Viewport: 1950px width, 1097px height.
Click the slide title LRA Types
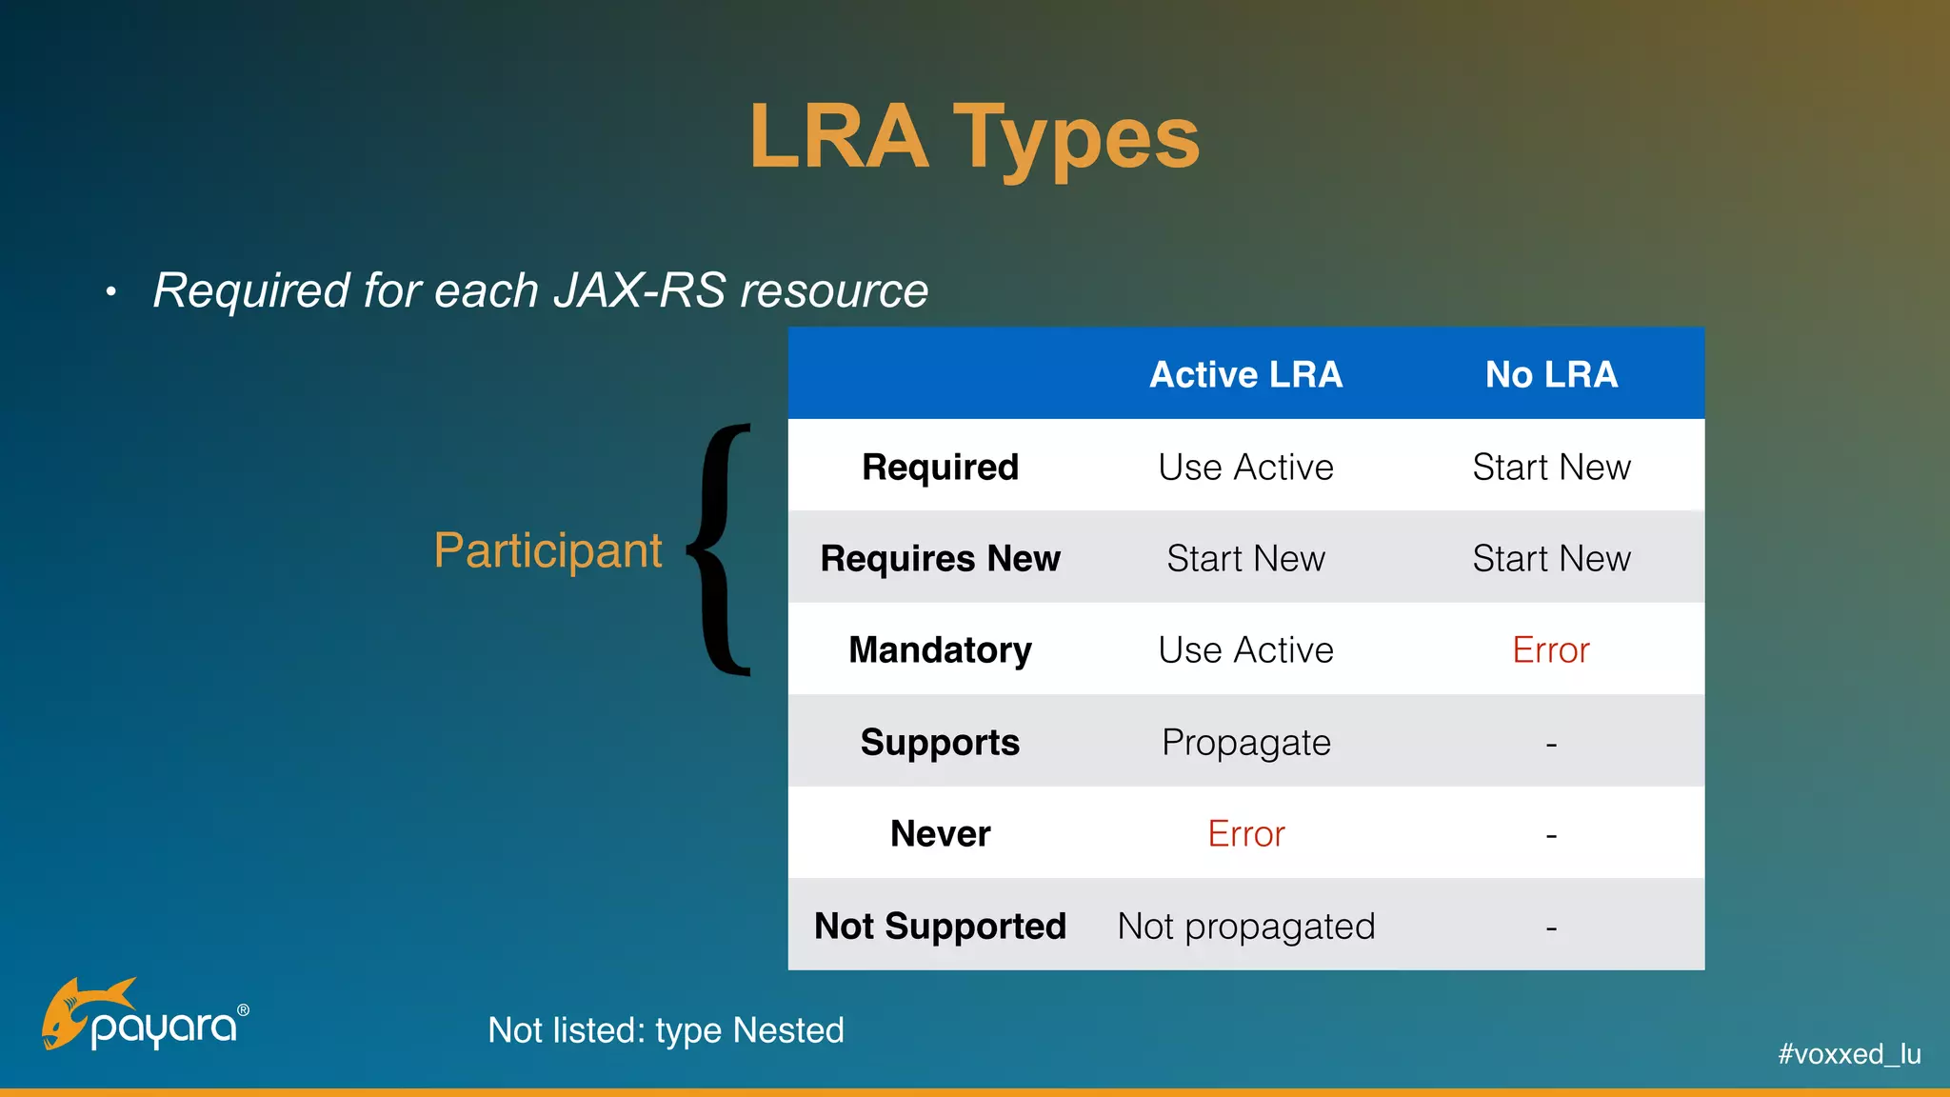(x=974, y=139)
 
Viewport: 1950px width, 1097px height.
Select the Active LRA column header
(x=1245, y=374)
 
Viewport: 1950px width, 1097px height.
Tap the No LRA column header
(x=1551, y=374)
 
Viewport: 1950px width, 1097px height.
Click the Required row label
(x=940, y=467)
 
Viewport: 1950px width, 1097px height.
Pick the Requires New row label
(x=940, y=558)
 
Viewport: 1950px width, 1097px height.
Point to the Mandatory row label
(x=940, y=650)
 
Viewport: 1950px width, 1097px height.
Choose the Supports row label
(x=940, y=742)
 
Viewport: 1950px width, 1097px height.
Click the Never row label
(x=940, y=834)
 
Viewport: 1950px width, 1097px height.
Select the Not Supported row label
(x=940, y=926)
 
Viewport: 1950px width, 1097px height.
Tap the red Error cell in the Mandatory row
(x=1551, y=650)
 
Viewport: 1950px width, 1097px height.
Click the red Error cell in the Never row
(x=1245, y=834)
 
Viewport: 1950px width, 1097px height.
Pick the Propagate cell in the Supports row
(x=1245, y=742)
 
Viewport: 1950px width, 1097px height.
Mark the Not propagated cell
(x=1245, y=926)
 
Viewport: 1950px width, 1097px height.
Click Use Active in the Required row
(x=1245, y=467)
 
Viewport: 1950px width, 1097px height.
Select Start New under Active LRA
(x=1245, y=558)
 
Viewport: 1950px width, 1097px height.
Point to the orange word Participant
(x=547, y=550)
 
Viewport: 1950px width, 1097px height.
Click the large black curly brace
(x=721, y=550)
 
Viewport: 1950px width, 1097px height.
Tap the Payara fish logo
(x=86, y=1012)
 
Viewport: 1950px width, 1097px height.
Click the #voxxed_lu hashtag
(x=1849, y=1054)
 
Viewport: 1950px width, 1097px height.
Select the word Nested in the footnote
(x=788, y=1030)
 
